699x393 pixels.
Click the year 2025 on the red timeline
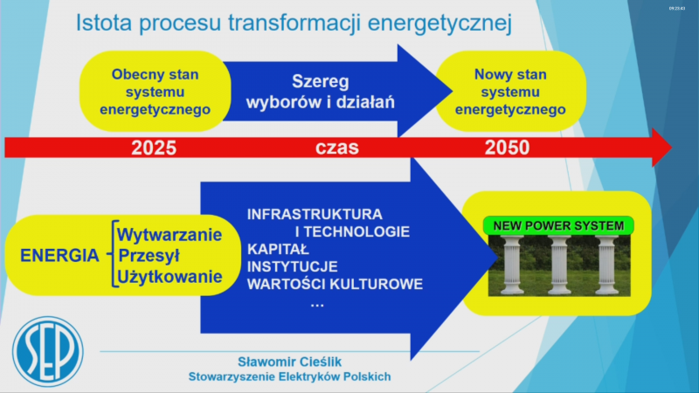(x=154, y=148)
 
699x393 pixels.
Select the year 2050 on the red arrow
(x=508, y=148)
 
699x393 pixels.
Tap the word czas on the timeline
(x=337, y=148)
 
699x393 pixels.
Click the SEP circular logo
(x=48, y=351)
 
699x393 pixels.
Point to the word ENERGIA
(x=59, y=255)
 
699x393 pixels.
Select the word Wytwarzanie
(x=170, y=234)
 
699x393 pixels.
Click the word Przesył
(x=149, y=255)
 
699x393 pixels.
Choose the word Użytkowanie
(x=170, y=277)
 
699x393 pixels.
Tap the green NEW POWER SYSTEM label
(x=558, y=226)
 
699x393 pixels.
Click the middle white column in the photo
(x=559, y=265)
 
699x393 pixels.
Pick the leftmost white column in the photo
(x=512, y=265)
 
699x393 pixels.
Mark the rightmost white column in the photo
(x=607, y=265)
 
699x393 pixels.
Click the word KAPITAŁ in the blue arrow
(x=278, y=249)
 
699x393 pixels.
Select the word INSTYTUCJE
(x=293, y=266)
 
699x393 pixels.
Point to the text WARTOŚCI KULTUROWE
(x=335, y=284)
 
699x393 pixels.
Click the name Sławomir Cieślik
(x=289, y=362)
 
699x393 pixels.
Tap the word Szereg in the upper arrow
(x=321, y=82)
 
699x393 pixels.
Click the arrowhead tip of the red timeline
(x=672, y=148)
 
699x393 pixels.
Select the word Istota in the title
(x=104, y=23)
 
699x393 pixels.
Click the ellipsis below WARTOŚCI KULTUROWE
(x=317, y=305)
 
